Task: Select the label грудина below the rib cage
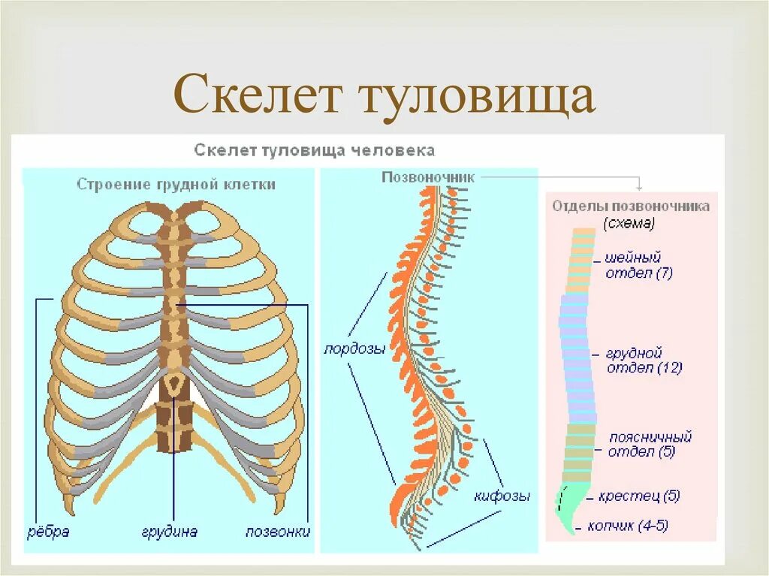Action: click(x=170, y=532)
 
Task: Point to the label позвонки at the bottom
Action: click(x=278, y=532)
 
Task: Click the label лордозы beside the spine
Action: click(x=354, y=349)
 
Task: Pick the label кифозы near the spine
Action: click(x=502, y=496)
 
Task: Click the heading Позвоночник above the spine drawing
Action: click(x=428, y=177)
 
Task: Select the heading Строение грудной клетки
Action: click(x=176, y=184)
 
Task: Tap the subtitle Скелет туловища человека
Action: click(x=315, y=150)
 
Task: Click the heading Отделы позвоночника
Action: click(x=631, y=206)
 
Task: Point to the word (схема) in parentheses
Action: click(x=629, y=223)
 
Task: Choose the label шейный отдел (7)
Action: click(x=638, y=266)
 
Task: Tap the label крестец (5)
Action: click(x=639, y=497)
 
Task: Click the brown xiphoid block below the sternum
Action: click(x=174, y=426)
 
